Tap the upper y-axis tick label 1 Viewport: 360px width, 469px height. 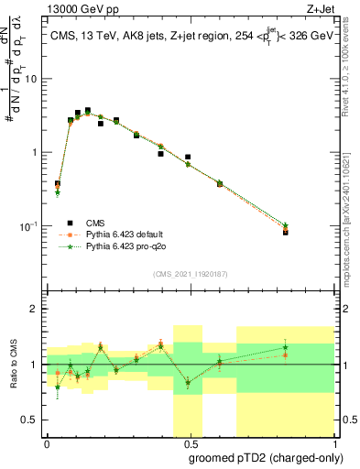(36, 152)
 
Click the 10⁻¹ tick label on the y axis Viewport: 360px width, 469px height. (30, 226)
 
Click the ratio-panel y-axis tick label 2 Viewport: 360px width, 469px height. (36, 309)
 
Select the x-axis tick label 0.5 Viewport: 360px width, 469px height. (191, 443)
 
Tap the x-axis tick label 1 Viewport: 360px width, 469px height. (334, 443)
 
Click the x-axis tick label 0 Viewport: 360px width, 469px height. (47, 443)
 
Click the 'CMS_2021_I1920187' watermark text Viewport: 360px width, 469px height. (191, 274)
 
